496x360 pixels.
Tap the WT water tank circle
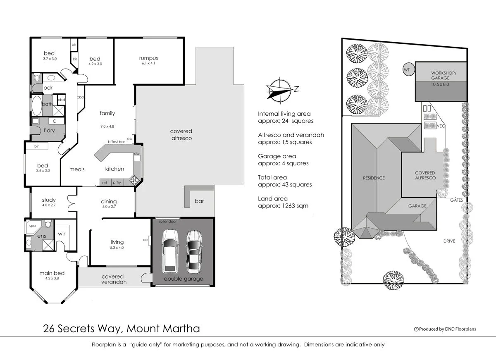click(407, 70)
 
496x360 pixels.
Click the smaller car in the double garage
click(193, 252)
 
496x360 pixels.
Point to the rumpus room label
click(148, 58)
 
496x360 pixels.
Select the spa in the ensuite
click(32, 226)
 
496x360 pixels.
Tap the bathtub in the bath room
click(36, 106)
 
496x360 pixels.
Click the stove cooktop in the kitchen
click(135, 180)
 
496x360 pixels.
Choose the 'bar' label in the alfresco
click(199, 201)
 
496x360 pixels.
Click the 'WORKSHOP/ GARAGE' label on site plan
click(441, 75)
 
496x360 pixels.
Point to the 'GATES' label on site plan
click(456, 200)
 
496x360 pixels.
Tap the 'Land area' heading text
click(271, 198)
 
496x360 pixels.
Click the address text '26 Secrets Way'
click(83, 329)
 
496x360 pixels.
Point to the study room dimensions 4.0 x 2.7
click(49, 205)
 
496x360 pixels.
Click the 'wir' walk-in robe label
click(62, 233)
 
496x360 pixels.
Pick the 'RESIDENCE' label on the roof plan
click(374, 178)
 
